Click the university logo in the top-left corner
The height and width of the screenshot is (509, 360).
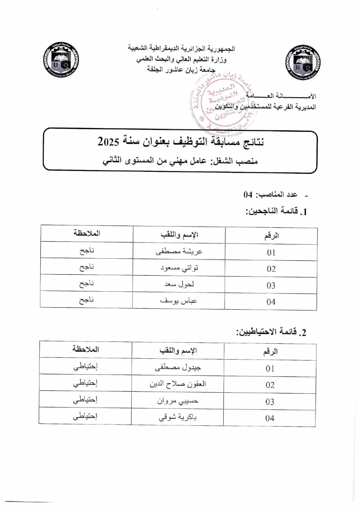point(61,60)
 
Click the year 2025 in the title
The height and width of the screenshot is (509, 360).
point(108,142)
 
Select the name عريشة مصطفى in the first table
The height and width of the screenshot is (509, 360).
point(179,251)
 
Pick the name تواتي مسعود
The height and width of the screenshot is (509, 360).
point(179,268)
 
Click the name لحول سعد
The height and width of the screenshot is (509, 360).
point(179,284)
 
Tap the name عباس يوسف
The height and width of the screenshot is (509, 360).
point(179,301)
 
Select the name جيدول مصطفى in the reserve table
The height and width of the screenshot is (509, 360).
point(178,368)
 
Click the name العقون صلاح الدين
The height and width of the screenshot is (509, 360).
point(178,384)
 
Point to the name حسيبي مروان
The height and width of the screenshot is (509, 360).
point(177,401)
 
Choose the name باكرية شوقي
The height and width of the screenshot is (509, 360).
point(177,417)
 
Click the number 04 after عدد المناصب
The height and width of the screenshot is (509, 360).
point(248,194)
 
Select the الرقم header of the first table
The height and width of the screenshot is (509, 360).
point(271,236)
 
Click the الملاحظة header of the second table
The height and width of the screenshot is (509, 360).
point(86,349)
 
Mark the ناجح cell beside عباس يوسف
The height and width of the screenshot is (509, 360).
point(87,300)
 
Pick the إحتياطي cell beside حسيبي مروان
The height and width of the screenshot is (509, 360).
point(85,400)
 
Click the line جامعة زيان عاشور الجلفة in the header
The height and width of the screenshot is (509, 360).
point(181,70)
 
